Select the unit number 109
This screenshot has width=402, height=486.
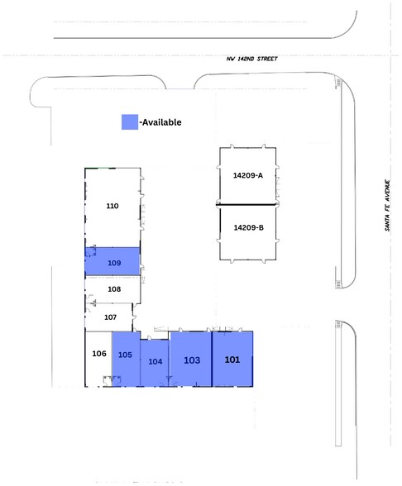114,263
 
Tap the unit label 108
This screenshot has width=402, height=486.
114,289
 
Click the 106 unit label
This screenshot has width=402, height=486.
99,354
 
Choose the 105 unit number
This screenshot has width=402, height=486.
126,355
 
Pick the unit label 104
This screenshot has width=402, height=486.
155,362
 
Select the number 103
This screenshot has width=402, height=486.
191,360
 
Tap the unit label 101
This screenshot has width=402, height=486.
232,360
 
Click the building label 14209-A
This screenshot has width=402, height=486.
248,175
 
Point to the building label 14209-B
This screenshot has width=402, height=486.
248,227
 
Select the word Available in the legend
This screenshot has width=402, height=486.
161,122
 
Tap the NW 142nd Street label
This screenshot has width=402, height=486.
252,59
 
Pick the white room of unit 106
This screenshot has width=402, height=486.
98,368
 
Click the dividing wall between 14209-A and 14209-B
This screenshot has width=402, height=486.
247,203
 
